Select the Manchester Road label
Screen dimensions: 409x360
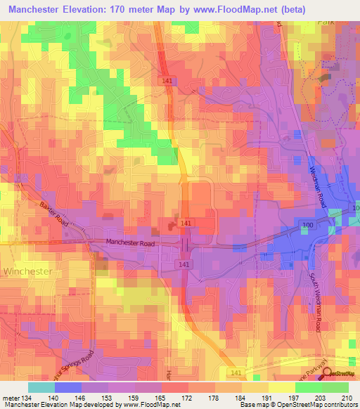[133, 243]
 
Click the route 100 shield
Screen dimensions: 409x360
[308, 223]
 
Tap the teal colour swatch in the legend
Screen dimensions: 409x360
[41, 387]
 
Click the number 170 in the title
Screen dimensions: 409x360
[131, 11]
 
